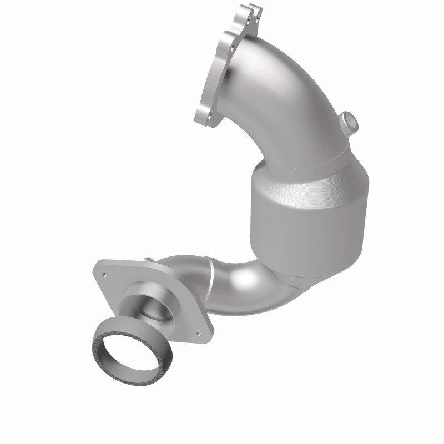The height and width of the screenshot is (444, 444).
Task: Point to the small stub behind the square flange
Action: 149,260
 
